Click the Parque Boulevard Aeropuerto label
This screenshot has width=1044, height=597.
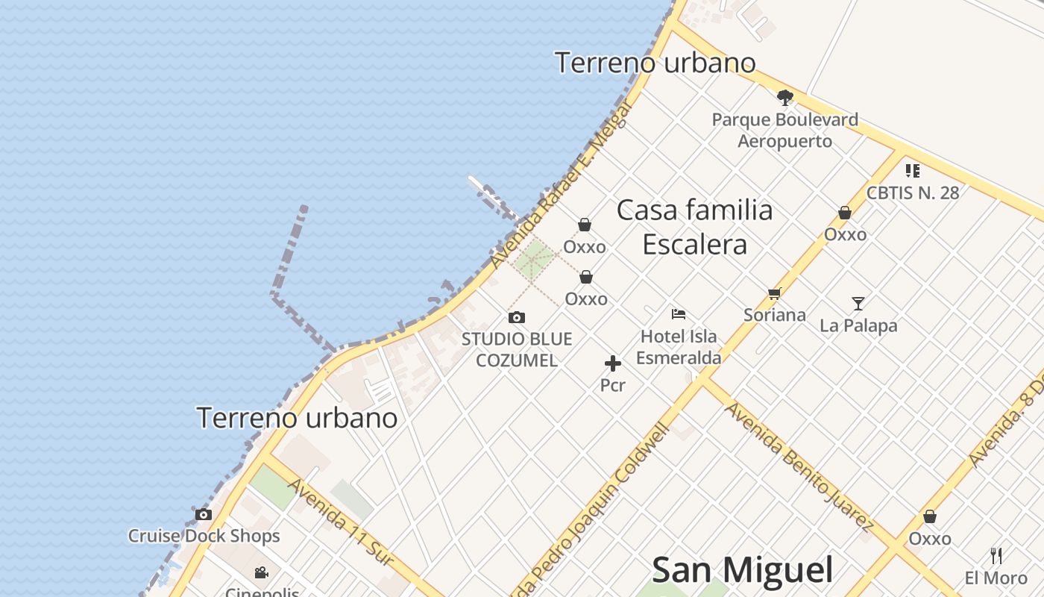click(784, 130)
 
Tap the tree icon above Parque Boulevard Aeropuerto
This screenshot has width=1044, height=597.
click(784, 97)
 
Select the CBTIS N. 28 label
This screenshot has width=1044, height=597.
click(912, 193)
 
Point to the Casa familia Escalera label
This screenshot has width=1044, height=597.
click(695, 227)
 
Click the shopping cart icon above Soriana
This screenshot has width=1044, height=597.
click(774, 294)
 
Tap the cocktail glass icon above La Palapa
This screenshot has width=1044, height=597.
click(858, 304)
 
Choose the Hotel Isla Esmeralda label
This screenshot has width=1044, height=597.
click(679, 347)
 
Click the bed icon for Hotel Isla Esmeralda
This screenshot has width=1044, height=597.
click(679, 314)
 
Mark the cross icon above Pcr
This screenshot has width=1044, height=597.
click(613, 363)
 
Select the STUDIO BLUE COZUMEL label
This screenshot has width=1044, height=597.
click(517, 350)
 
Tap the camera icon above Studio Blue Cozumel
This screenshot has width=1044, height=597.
click(517, 318)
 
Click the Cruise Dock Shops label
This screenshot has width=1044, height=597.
click(204, 536)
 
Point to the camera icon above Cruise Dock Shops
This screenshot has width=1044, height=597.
click(204, 514)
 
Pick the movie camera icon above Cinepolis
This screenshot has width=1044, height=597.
click(261, 572)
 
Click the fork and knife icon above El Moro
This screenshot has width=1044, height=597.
click(996, 555)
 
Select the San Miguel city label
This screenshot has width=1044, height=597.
click(742, 570)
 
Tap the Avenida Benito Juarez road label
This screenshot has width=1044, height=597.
click(799, 466)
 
